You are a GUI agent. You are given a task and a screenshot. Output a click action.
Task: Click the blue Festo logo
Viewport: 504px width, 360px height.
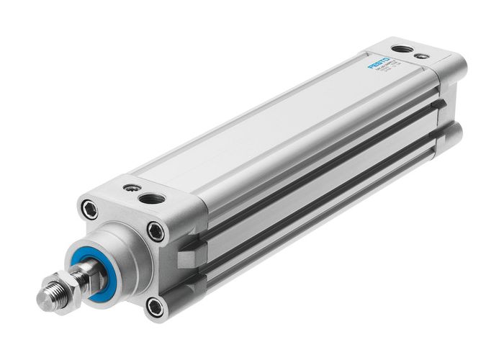[379, 63]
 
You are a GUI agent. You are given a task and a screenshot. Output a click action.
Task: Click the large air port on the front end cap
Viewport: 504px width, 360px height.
[152, 198]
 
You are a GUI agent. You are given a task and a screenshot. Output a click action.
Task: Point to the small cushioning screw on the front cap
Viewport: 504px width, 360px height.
[129, 188]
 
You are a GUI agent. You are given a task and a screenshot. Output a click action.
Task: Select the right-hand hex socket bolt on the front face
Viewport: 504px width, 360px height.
[156, 232]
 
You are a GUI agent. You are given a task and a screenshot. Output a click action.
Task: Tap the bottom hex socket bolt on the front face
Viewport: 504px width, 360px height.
[154, 307]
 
